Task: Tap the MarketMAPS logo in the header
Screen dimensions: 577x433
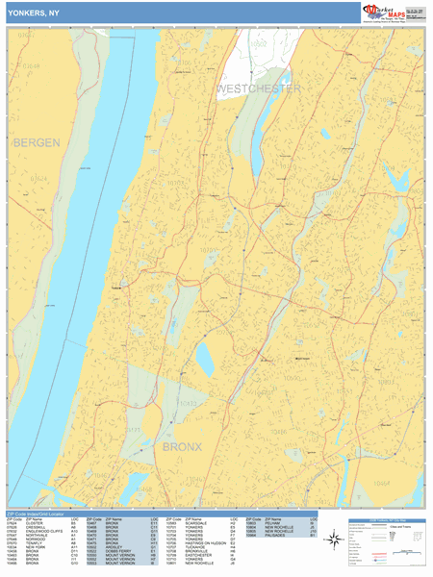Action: (x=393, y=12)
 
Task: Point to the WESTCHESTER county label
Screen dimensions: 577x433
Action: (x=258, y=88)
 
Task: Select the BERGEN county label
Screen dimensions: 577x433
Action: (x=37, y=142)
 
